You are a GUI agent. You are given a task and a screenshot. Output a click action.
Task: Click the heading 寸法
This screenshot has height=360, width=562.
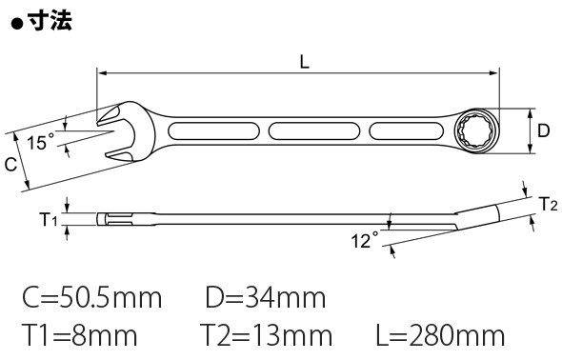click(x=50, y=20)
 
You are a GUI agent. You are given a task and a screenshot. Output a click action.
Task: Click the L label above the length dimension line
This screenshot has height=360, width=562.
click(x=304, y=63)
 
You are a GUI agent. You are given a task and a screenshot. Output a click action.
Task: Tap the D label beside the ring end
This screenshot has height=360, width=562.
click(x=543, y=130)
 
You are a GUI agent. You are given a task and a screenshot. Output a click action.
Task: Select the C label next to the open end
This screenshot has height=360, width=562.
click(x=10, y=165)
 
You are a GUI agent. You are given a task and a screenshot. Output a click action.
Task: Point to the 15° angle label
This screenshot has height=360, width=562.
click(x=42, y=142)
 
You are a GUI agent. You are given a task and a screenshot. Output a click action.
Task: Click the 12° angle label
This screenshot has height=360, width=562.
click(x=365, y=240)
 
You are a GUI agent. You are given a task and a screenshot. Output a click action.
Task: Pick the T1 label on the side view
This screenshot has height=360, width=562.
click(x=48, y=219)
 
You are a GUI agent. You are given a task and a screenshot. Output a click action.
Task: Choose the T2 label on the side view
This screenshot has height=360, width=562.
click(x=549, y=204)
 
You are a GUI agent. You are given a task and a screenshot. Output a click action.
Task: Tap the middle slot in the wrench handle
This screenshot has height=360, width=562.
click(x=314, y=131)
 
